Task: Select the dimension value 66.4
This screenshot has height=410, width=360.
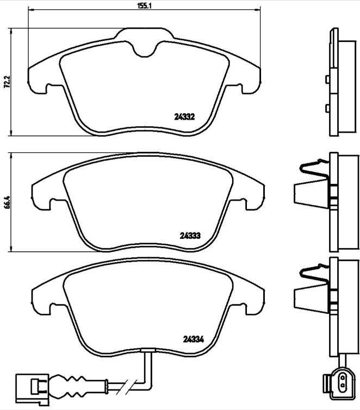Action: tap(7, 201)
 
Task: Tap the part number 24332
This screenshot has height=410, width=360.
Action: tap(184, 116)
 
